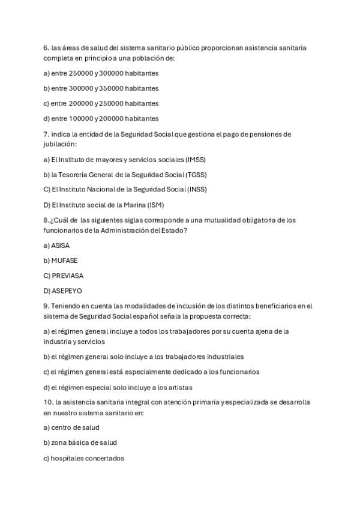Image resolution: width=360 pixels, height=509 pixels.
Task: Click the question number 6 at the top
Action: click(46, 47)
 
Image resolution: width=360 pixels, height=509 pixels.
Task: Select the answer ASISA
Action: click(61, 245)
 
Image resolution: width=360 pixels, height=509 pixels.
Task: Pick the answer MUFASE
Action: click(64, 261)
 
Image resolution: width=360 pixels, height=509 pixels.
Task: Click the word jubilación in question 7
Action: click(60, 144)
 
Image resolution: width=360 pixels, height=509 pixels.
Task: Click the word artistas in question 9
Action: click(180, 387)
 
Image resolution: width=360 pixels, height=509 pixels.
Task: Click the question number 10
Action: click(48, 402)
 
